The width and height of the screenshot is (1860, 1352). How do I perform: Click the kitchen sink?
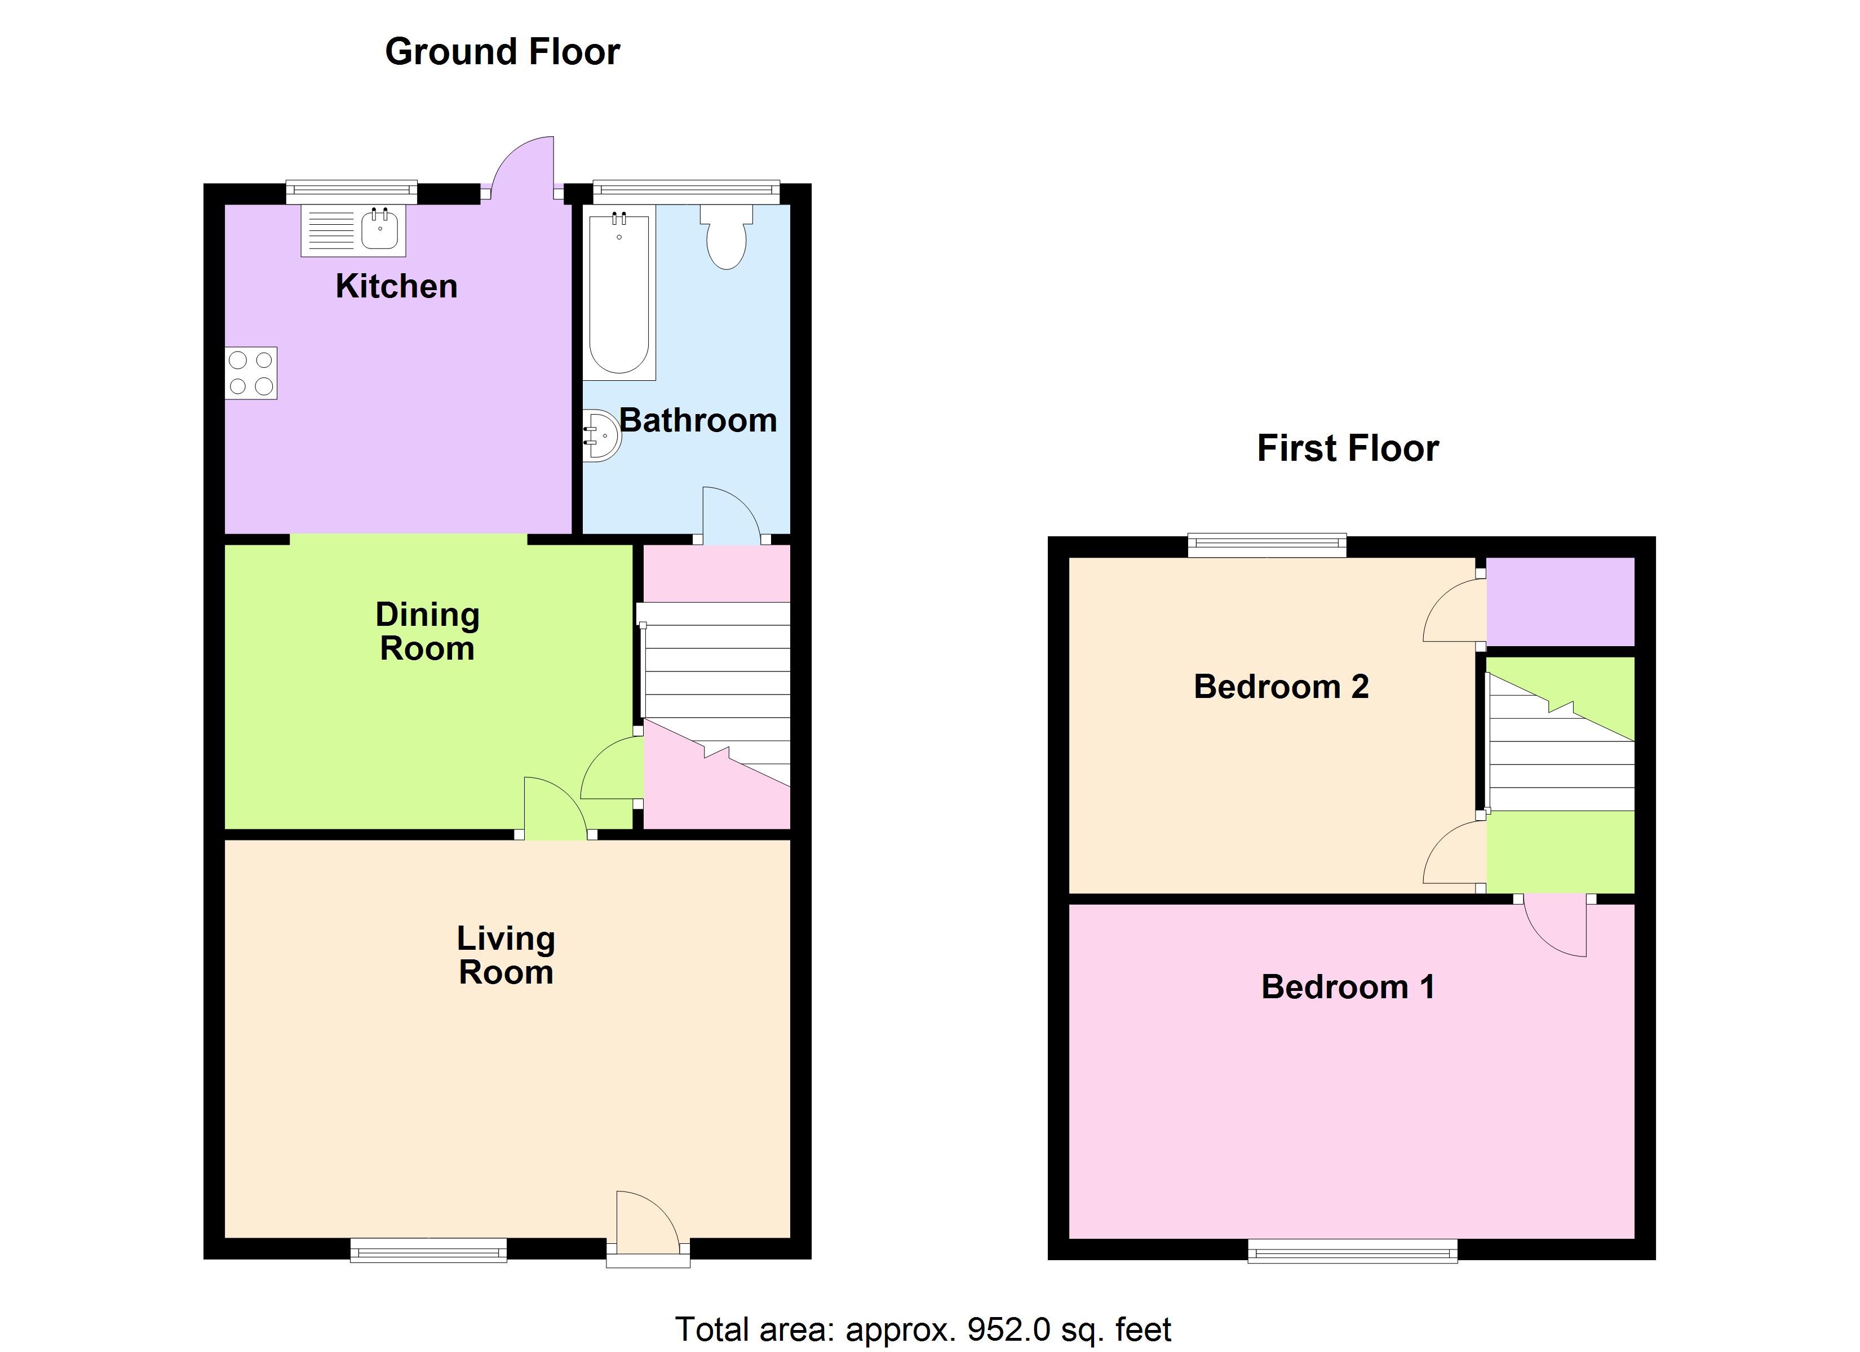coord(380,230)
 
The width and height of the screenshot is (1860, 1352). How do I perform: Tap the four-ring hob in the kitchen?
coord(251,373)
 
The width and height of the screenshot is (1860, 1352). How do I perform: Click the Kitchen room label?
coord(396,286)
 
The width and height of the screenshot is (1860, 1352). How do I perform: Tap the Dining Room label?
coord(427,631)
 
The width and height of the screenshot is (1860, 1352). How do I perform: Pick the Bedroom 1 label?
coord(1348,986)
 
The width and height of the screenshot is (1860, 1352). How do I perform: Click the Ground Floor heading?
coord(502,52)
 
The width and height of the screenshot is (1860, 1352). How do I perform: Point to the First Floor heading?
coord(1348,448)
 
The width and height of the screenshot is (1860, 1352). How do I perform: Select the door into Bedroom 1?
coord(1556,927)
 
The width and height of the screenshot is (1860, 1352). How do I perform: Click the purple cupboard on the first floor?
coord(1560,601)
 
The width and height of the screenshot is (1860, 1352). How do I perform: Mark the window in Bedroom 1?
coord(1352,1251)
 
